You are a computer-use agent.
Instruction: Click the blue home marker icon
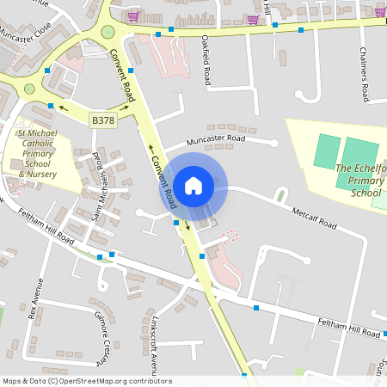click(x=193, y=185)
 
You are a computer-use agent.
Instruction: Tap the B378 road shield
click(x=103, y=122)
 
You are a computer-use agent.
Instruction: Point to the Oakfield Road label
click(x=206, y=59)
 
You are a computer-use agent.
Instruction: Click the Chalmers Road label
click(x=364, y=74)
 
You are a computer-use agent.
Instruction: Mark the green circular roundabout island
click(x=107, y=33)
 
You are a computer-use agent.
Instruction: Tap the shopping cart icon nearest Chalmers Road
click(x=380, y=12)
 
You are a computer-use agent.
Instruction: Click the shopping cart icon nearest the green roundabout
click(x=133, y=15)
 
